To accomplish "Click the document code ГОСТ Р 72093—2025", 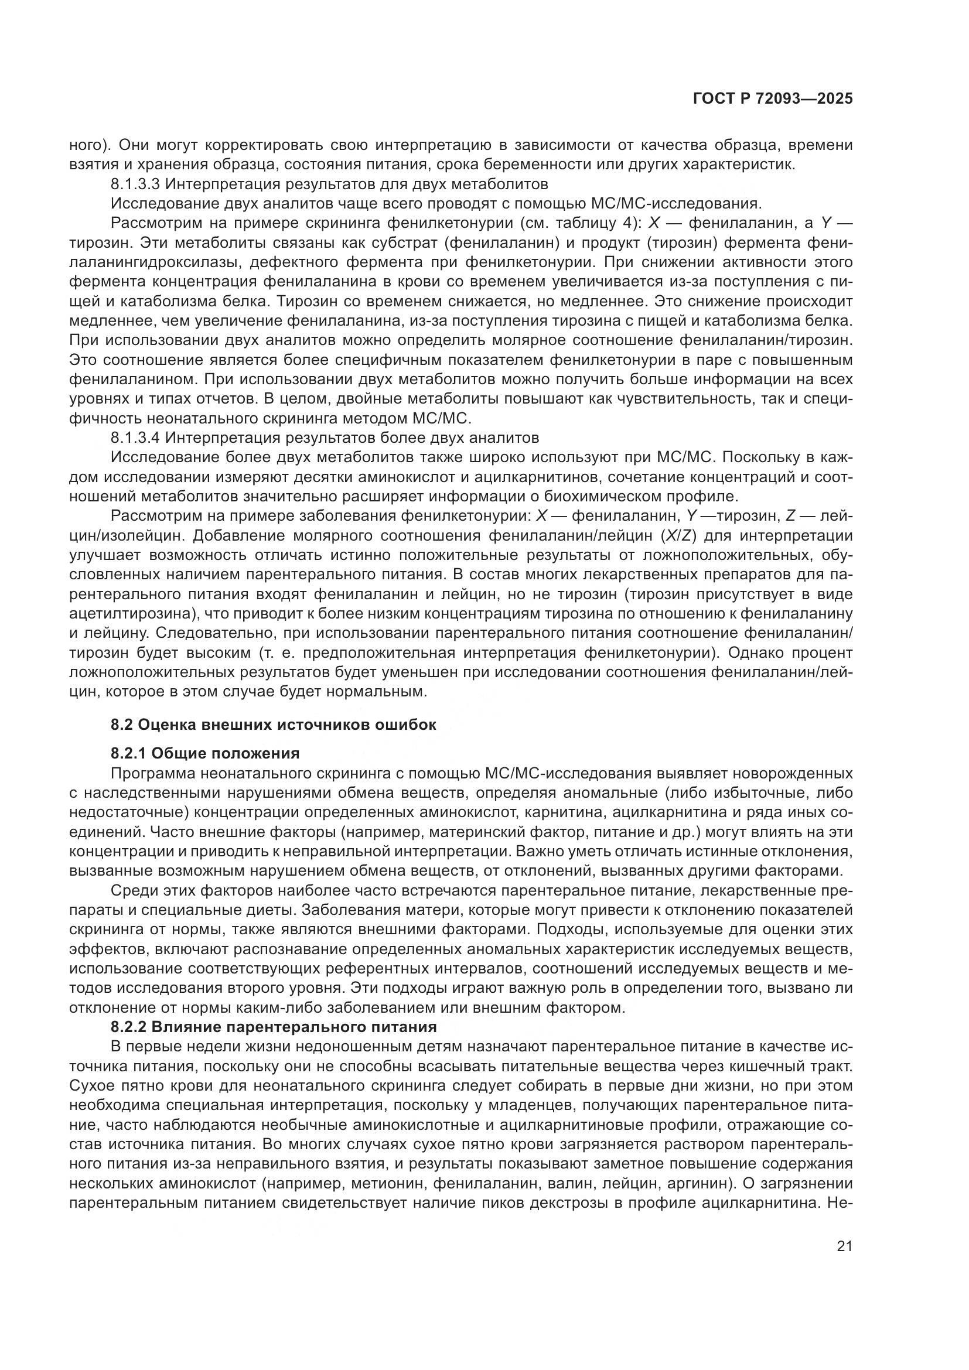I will coord(773,99).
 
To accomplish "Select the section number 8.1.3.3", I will coord(135,184).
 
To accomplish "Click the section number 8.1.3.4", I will coord(135,438).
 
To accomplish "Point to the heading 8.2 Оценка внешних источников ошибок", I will coord(273,725).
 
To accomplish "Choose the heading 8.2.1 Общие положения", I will coord(205,754).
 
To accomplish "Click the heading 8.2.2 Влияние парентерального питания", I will coord(273,1027).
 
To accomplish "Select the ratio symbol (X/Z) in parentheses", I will coord(678,535).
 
